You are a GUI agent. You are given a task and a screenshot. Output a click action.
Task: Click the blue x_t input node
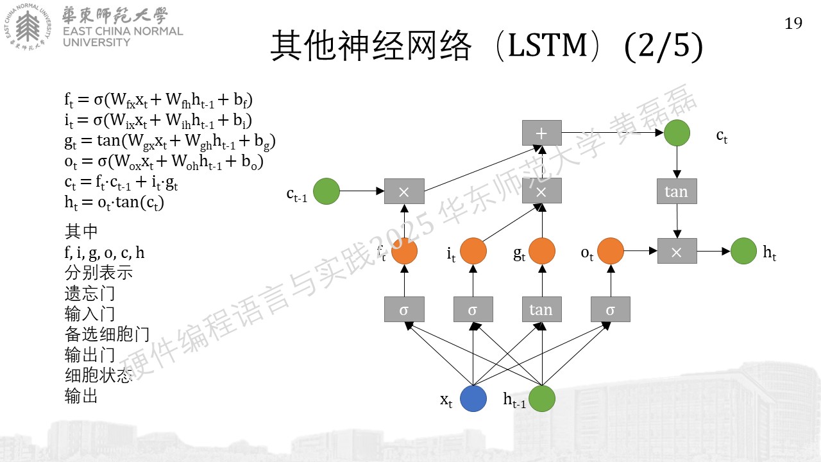tap(473, 398)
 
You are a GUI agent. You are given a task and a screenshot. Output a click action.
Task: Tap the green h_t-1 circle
tap(542, 398)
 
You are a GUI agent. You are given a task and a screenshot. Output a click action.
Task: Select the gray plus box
tap(542, 133)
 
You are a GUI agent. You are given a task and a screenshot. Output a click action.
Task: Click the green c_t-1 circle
tap(326, 191)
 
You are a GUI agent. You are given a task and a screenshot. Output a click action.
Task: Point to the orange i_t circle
tap(473, 251)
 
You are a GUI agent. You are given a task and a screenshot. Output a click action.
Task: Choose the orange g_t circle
tap(542, 251)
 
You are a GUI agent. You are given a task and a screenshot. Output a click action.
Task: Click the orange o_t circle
tap(611, 251)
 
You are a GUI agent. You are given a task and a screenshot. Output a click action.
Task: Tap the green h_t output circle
tap(743, 251)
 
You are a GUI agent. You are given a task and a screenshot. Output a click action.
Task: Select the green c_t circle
tap(677, 133)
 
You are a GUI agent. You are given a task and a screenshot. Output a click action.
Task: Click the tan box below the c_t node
tap(677, 191)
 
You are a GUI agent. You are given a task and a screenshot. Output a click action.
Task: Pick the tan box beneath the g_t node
tap(542, 309)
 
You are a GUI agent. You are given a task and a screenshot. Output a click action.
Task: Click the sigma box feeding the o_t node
tap(611, 309)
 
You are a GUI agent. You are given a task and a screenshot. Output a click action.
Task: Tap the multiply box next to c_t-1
tap(404, 191)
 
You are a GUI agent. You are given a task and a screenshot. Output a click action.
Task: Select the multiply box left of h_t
tap(677, 251)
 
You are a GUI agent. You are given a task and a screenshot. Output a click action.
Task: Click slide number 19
tap(793, 24)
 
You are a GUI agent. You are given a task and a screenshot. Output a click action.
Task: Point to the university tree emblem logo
tap(28, 27)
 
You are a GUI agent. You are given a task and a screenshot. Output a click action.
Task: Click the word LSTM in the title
tap(548, 46)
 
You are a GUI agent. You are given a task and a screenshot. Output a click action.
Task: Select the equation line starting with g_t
tap(170, 142)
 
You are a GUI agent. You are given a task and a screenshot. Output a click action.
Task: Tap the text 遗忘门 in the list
tap(90, 293)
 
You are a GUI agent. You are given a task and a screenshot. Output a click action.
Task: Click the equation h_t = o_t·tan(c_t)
tap(114, 203)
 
